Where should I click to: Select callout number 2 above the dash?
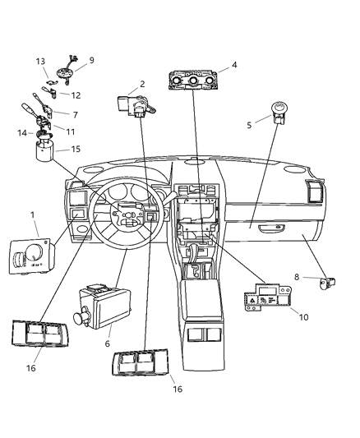click(141, 84)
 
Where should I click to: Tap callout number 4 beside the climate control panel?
click(234, 64)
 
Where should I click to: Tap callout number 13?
click(40, 62)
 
